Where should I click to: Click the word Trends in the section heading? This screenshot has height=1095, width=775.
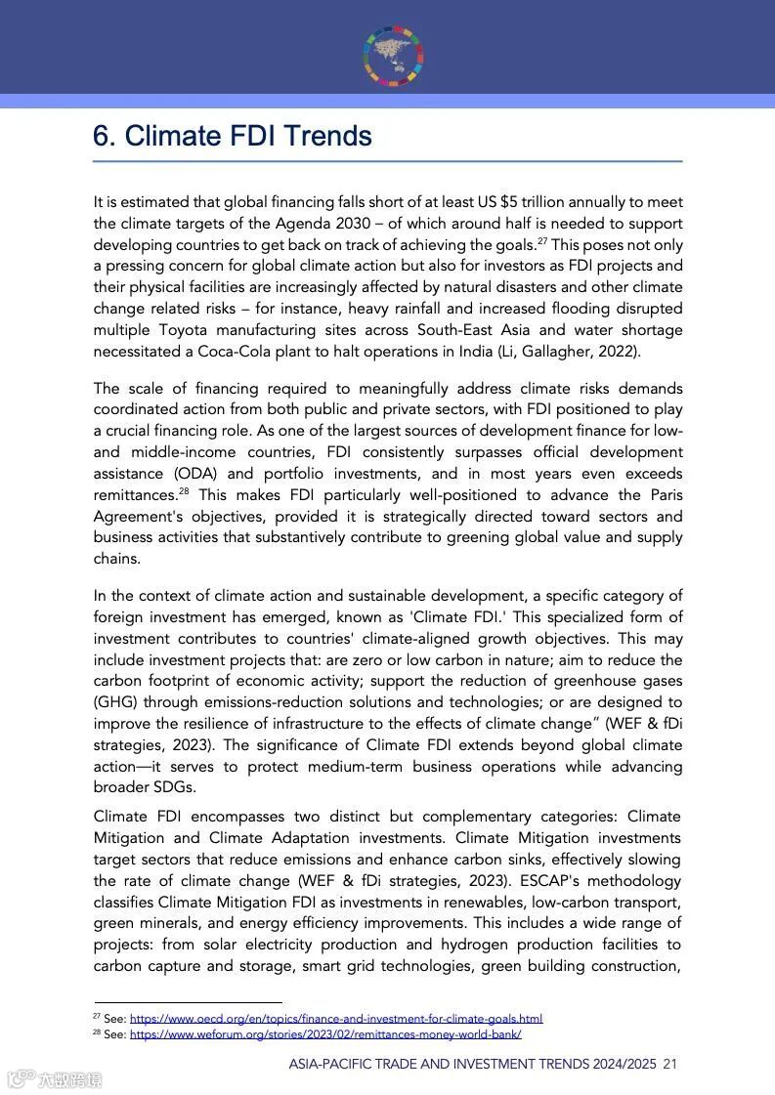318,136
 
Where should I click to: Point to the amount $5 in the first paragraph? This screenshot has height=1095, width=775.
508,202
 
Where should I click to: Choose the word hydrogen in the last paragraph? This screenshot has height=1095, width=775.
475,945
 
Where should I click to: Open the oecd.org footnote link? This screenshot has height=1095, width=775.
335,1018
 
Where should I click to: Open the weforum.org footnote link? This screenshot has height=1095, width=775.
325,1034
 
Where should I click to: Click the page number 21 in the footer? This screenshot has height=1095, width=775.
669,1064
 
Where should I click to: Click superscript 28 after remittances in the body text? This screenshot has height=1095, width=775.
183,490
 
